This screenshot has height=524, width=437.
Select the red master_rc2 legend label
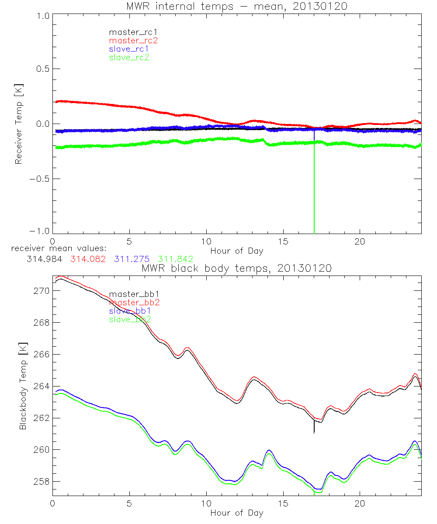point(133,40)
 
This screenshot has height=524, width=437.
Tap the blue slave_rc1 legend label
point(129,48)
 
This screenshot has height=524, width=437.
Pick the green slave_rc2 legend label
point(129,57)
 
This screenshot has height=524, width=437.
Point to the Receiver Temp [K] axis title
point(18,124)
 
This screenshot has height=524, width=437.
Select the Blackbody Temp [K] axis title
point(23,386)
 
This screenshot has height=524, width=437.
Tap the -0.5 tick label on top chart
point(40,179)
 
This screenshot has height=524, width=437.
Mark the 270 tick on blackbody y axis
point(42,291)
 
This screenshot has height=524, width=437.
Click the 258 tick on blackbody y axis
point(42,482)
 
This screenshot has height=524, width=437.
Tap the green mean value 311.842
point(176,259)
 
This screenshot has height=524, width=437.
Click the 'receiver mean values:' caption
point(55,249)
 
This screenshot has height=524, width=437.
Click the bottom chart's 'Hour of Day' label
point(236,513)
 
